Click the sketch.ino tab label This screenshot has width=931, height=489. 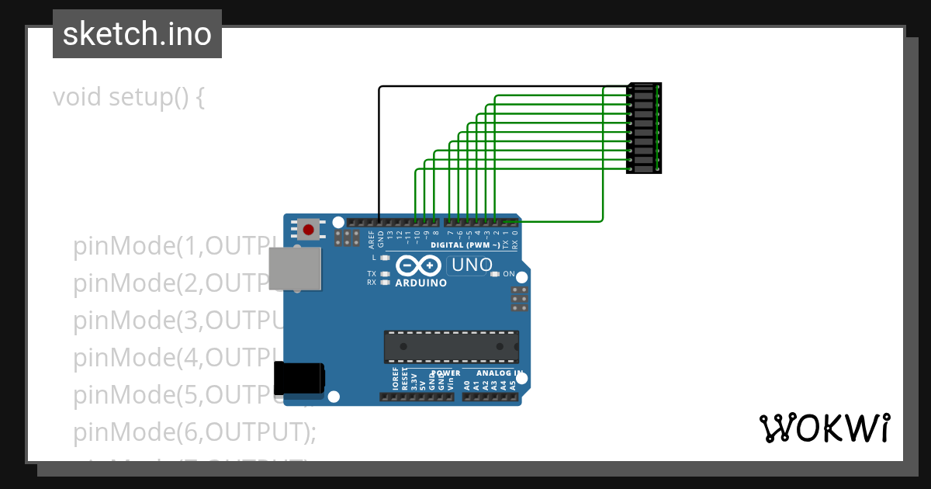(x=137, y=34)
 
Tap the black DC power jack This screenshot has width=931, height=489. (x=299, y=380)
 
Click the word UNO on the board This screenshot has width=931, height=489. (x=472, y=265)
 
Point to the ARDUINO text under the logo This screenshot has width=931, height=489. (x=421, y=283)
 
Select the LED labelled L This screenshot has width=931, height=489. (x=386, y=257)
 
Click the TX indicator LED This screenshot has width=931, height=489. (x=386, y=274)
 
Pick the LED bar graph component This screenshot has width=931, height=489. (x=644, y=128)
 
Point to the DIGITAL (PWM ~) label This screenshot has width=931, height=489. (x=465, y=244)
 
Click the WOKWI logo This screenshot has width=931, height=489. (x=824, y=428)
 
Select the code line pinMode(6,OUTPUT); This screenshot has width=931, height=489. (x=195, y=432)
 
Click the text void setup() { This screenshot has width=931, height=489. (x=129, y=98)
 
